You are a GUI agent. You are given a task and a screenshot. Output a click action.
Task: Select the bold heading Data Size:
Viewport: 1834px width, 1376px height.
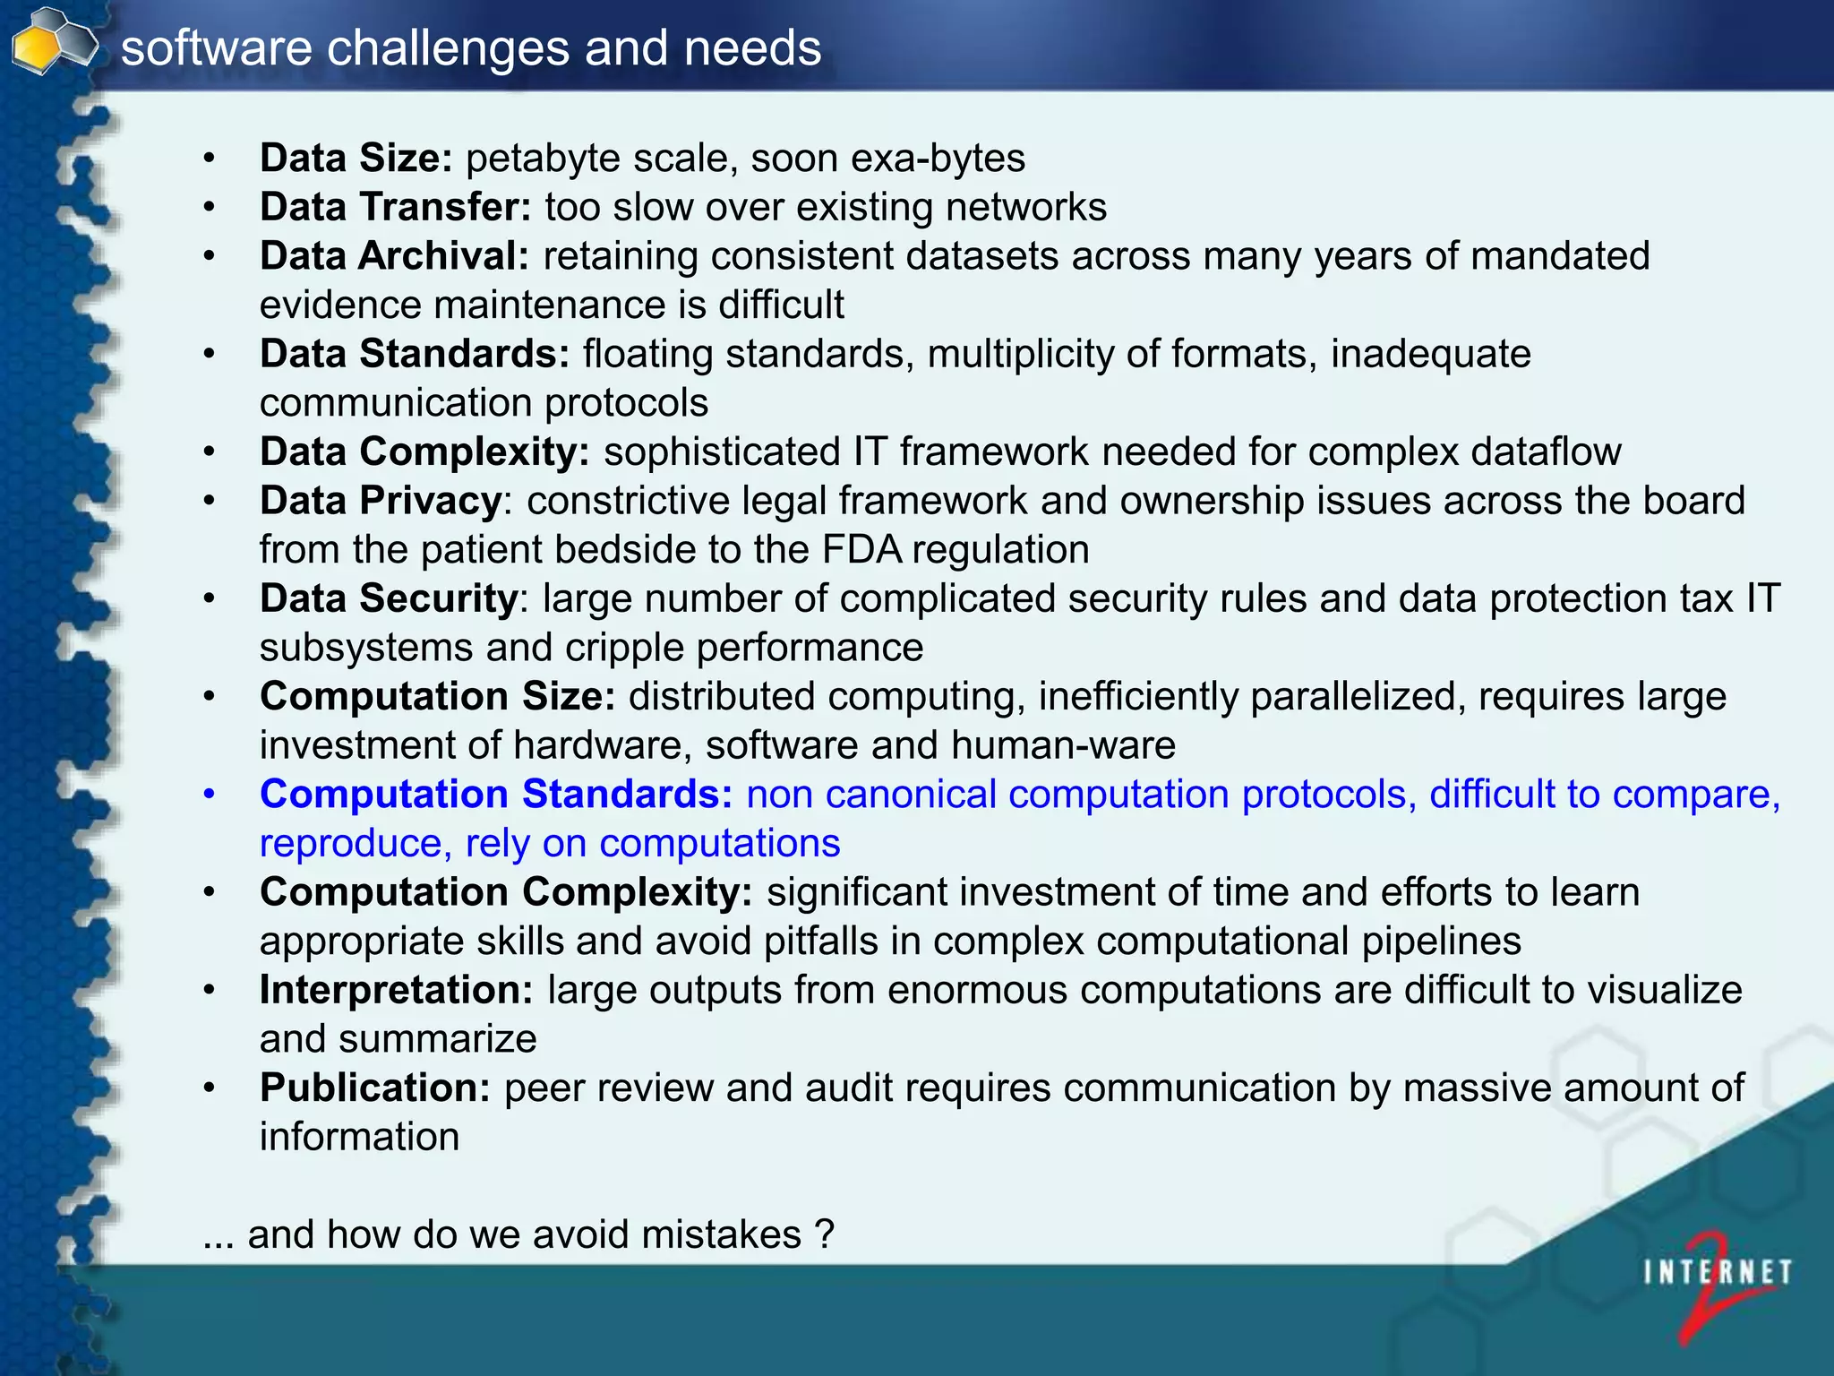pos(356,159)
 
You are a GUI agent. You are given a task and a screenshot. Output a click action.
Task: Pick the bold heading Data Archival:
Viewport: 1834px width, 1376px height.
pos(394,256)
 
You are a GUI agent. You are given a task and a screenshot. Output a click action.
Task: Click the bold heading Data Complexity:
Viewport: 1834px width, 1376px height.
pos(424,451)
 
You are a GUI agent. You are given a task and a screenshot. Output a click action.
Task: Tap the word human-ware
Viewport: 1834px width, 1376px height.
pos(1063,745)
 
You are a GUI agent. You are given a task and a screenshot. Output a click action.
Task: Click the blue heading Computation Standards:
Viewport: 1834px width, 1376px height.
pos(496,795)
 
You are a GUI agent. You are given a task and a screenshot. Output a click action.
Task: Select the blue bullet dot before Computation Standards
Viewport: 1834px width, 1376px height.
pos(209,795)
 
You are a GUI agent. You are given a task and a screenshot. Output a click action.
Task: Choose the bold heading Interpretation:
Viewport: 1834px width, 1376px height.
pos(396,991)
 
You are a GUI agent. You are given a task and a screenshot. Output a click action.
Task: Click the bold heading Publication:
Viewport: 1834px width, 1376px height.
pos(375,1088)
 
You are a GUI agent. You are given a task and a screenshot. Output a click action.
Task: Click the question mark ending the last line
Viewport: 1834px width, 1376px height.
pos(825,1235)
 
